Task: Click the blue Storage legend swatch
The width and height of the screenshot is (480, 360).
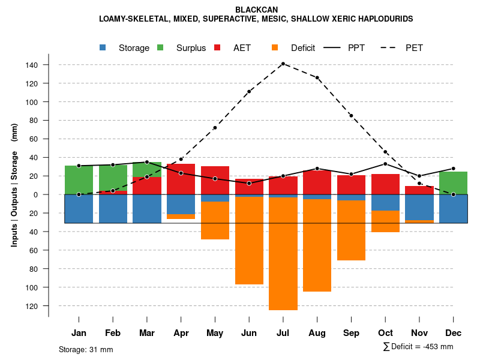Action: coord(103,48)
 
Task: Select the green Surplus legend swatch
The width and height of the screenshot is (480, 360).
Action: coord(160,48)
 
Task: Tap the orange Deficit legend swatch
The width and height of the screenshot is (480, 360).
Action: coord(275,48)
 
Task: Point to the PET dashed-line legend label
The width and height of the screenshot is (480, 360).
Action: coord(414,48)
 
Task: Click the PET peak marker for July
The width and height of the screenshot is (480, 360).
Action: coord(283,64)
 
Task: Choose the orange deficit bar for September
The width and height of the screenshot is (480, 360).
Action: coord(352,230)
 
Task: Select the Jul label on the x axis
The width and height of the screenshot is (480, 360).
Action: coord(283,333)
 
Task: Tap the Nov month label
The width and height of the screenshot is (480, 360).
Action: coord(419,333)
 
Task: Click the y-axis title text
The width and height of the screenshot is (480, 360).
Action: coord(14,185)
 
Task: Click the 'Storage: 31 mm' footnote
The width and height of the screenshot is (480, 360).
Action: coord(86,349)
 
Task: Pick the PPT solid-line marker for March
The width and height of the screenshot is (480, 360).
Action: coord(147,162)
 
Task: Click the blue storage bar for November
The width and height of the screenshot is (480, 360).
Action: coord(419,208)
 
